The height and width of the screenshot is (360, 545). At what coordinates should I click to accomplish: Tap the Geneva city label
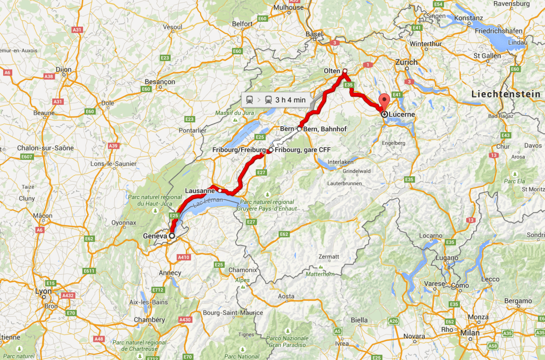coord(155,235)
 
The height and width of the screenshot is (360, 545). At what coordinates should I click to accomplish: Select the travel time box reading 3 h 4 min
coord(275,99)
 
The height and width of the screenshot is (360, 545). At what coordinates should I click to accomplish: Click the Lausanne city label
coord(200,190)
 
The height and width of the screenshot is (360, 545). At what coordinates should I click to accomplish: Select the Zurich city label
coord(406,62)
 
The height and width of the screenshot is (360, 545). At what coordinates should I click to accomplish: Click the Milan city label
coord(470,333)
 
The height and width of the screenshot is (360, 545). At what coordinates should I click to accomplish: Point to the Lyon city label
coord(43,291)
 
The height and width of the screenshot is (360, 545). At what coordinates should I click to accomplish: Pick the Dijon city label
coord(63,69)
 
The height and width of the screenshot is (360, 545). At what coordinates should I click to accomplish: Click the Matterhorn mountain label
coord(320,274)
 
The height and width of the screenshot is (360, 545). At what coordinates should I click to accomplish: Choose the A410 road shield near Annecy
coord(184,257)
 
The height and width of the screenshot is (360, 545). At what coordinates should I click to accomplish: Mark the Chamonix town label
coord(243,270)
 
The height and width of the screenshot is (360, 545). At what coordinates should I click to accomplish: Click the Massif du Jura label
coord(232,113)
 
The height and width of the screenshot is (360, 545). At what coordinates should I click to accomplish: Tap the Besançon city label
coord(160,82)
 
